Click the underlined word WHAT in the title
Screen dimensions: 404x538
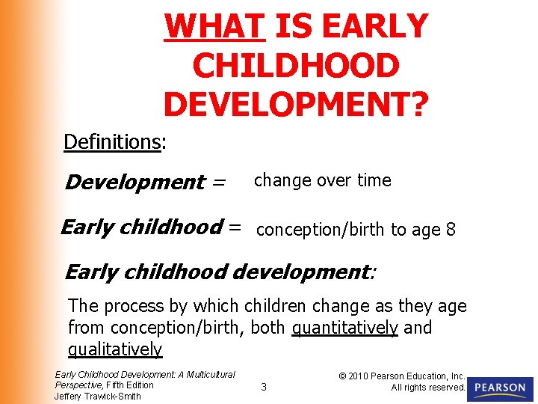coord(214,26)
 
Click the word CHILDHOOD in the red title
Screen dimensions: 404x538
coord(296,66)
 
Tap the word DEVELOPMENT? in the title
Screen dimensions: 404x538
coord(296,105)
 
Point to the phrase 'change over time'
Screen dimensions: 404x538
coord(322,180)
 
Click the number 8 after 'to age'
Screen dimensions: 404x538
coord(450,230)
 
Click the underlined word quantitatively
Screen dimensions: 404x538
coord(344,328)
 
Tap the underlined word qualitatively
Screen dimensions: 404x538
coord(115,349)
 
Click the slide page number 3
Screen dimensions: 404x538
coord(263,387)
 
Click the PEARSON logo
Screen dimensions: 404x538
coord(499,388)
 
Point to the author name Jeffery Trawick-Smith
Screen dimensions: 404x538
coord(97,396)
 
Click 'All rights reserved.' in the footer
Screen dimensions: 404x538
coord(428,387)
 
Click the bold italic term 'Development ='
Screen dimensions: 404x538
coord(145,182)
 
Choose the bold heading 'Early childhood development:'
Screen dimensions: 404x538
coord(220,272)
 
